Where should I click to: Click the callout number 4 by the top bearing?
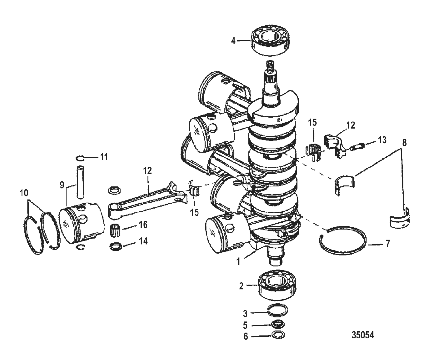pyautogui.click(x=233, y=41)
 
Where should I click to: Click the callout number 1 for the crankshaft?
pyautogui.click(x=238, y=262)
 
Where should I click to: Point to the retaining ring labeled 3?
pyautogui.click(x=278, y=310)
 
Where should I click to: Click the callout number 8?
pyautogui.click(x=404, y=142)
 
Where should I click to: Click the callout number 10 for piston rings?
pyautogui.click(x=24, y=193)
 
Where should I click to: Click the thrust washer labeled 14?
pyautogui.click(x=116, y=247)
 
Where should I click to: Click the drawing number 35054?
pyautogui.click(x=363, y=335)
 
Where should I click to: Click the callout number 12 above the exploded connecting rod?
pyautogui.click(x=147, y=170)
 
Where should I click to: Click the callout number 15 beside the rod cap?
pyautogui.click(x=312, y=122)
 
